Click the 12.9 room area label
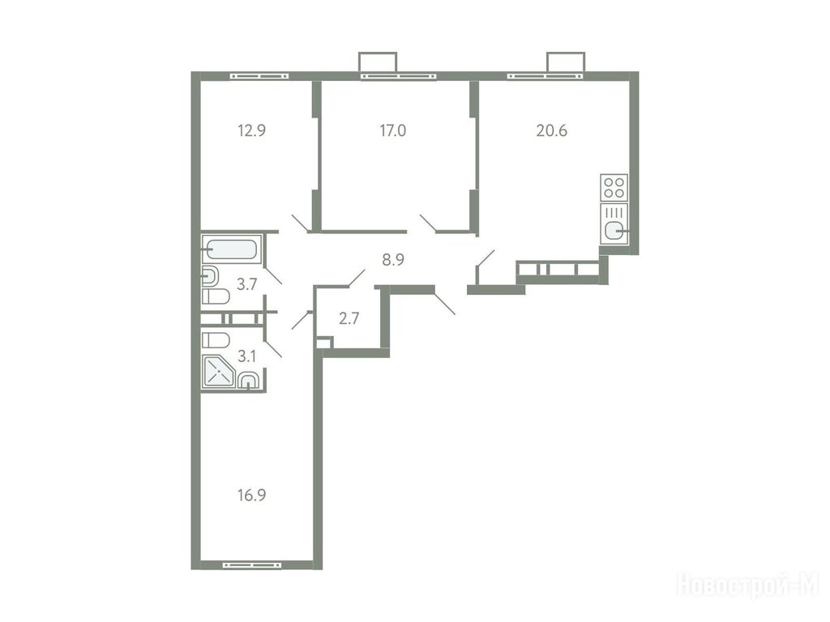[251, 130]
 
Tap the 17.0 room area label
[393, 130]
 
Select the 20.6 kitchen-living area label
[551, 130]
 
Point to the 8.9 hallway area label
[393, 260]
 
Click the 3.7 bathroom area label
[246, 284]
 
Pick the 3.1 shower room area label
[246, 356]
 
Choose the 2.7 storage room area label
[349, 318]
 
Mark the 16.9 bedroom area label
[251, 496]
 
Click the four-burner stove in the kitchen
[614, 188]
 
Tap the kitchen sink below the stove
[614, 224]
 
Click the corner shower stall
[218, 373]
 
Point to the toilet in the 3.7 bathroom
[216, 296]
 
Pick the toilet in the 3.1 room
[216, 339]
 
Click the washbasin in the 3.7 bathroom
[210, 275]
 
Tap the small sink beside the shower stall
[248, 381]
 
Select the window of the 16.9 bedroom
[252, 565]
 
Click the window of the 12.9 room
[259, 76]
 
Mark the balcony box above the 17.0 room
[378, 62]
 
